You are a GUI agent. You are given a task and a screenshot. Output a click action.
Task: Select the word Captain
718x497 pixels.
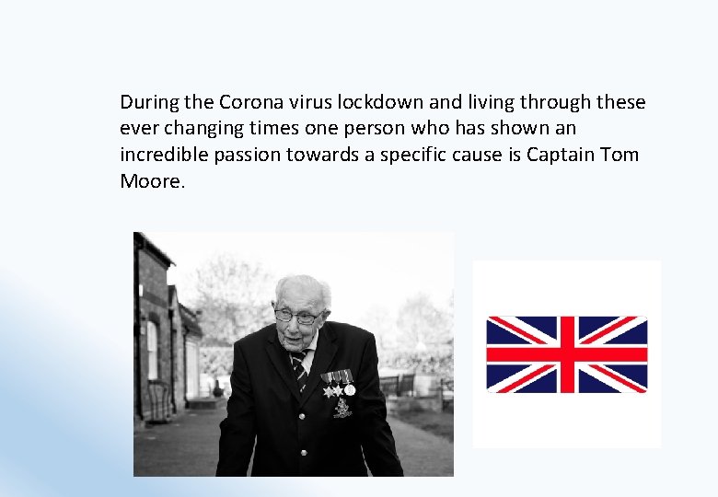tap(561, 155)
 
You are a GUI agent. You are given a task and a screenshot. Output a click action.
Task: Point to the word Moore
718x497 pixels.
tap(152, 181)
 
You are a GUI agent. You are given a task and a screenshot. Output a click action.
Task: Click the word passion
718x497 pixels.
tap(247, 155)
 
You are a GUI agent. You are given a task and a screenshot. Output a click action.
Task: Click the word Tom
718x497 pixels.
tap(620, 155)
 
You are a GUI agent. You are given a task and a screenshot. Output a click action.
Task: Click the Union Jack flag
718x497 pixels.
tap(566, 354)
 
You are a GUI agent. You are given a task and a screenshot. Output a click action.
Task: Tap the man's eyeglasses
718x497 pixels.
tap(297, 317)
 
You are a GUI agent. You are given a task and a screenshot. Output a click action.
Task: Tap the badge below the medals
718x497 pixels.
tap(342, 407)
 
